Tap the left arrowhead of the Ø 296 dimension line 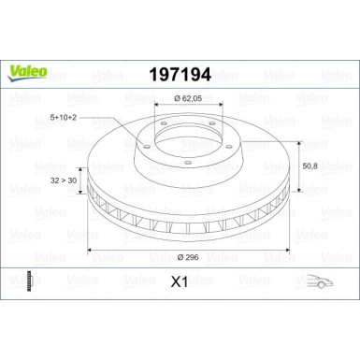click(x=91, y=252)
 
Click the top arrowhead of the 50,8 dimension click(x=298, y=131)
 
